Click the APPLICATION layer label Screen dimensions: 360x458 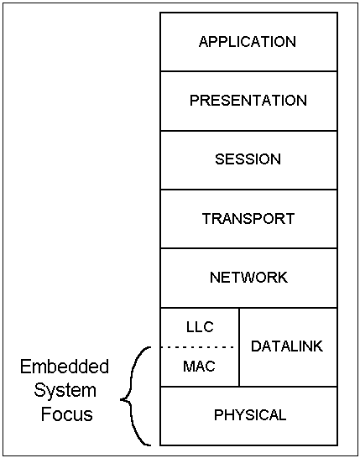(248, 42)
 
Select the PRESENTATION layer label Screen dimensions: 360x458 (248, 101)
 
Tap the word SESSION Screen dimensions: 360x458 (248, 159)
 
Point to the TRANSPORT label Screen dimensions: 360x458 (248, 218)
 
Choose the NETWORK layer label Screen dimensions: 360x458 (248, 277)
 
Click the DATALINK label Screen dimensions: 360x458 (287, 346)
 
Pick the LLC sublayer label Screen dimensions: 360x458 (200, 327)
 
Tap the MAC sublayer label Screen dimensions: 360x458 (199, 367)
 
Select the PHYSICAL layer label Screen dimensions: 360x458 (250, 415)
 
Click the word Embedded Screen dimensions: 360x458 (65, 367)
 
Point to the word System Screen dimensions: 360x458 (65, 391)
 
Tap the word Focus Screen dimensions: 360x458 (67, 414)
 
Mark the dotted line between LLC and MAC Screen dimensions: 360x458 (197, 347)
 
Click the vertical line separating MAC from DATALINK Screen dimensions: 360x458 (239, 347)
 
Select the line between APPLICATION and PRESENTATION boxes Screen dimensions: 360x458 (248, 71)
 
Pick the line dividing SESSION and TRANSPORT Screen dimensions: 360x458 (248, 190)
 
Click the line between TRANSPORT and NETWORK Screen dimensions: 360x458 (248, 248)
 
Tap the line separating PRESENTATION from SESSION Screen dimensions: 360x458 (248, 131)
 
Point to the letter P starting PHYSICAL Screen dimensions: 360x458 (218, 415)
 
